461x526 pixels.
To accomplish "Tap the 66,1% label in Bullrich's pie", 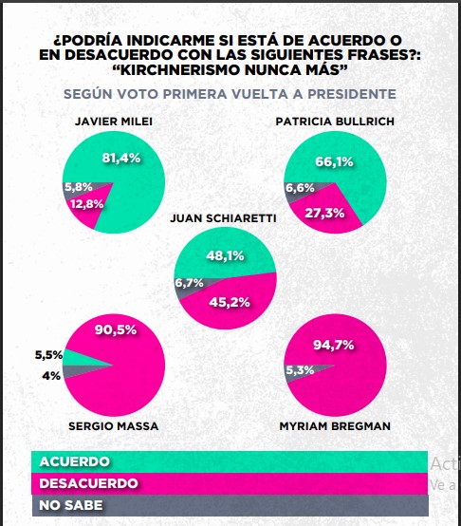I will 333,161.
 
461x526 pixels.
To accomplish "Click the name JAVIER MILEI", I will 112,122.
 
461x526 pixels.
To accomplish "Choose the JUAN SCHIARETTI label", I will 222,217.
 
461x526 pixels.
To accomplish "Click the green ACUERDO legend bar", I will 228,461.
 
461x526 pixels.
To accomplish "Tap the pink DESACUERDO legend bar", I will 228,483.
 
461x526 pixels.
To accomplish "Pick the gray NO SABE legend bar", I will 228,504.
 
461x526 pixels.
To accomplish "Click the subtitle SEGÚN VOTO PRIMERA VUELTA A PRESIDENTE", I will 229,94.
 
